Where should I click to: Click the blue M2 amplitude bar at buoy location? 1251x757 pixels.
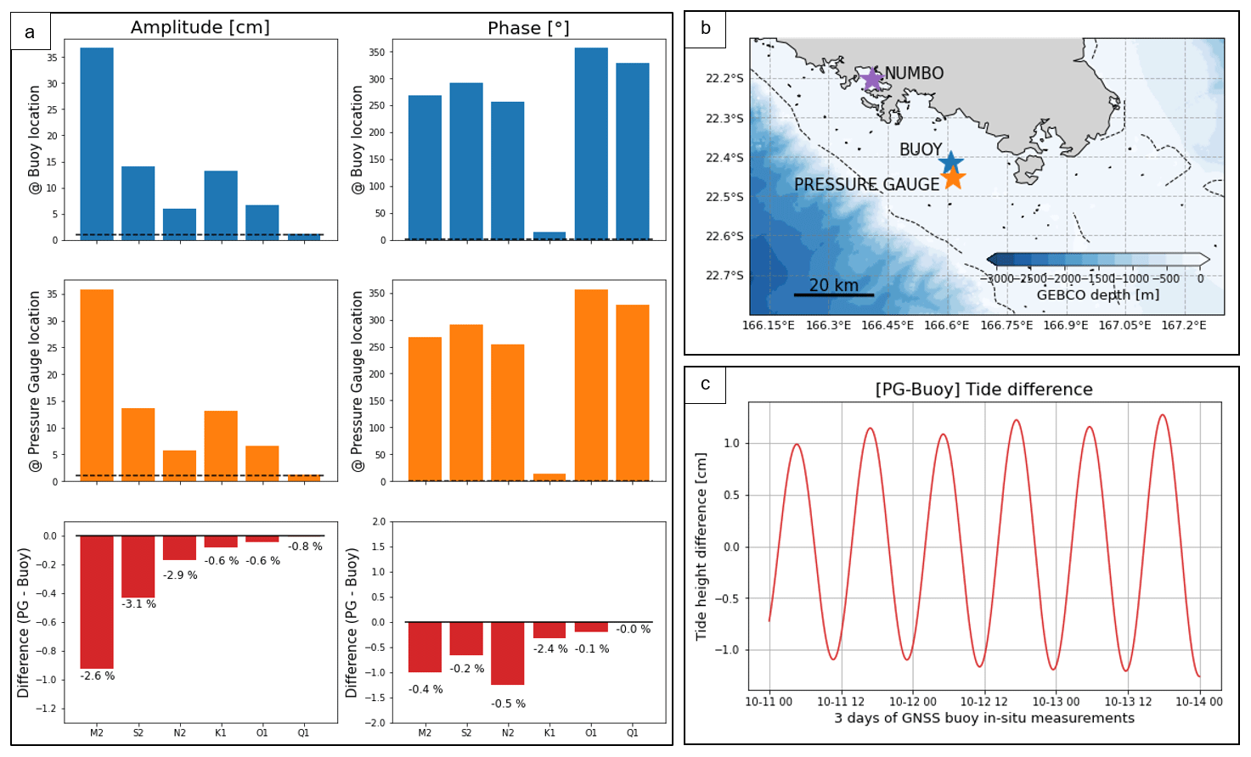tap(97, 143)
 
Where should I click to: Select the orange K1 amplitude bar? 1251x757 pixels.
tap(221, 446)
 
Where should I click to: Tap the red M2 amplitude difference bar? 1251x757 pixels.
tap(97, 602)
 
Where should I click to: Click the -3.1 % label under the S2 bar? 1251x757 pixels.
tap(138, 604)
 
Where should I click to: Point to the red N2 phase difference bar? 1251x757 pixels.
tap(508, 653)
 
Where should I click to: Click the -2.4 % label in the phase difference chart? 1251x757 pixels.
tap(550, 649)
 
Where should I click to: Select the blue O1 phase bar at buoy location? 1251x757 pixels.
tap(591, 143)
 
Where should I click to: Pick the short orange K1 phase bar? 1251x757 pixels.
tap(549, 478)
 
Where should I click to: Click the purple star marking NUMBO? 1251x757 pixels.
tap(871, 79)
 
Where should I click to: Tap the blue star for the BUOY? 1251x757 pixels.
tap(951, 161)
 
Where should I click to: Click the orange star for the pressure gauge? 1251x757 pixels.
tap(953, 177)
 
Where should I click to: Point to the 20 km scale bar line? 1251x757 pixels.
tap(833, 295)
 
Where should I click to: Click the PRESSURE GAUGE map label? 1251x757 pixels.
tap(866, 185)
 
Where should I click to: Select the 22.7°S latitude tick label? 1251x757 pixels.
tap(724, 276)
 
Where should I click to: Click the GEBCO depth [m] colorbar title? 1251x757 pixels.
tap(1097, 295)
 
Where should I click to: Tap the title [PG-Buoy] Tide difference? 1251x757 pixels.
tap(983, 390)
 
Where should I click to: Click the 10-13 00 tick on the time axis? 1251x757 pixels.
tap(1056, 702)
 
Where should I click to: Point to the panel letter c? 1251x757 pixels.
tap(706, 384)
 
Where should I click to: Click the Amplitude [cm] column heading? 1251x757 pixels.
tap(200, 27)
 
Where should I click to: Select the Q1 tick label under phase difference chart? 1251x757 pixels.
tap(632, 732)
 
